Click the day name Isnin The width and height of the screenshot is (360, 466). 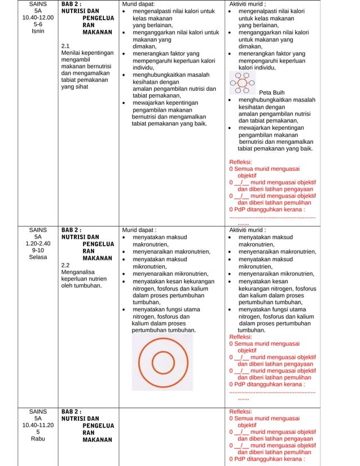[x=38, y=32]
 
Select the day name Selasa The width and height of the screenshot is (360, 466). [x=38, y=257]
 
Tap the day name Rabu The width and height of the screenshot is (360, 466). [x=38, y=439]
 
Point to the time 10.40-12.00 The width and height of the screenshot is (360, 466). [x=38, y=17]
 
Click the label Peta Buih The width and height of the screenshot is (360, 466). [x=271, y=93]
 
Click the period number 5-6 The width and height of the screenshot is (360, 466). [x=38, y=24]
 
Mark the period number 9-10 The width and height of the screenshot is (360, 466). [x=38, y=250]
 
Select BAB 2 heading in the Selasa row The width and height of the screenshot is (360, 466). [x=72, y=230]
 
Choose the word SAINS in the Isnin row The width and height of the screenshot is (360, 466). [x=38, y=4]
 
